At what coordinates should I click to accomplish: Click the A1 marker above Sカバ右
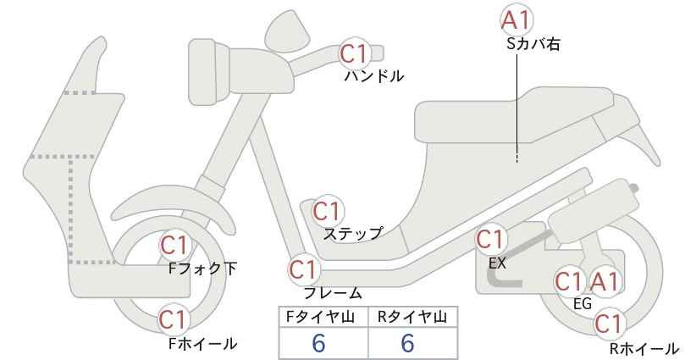pyautogui.click(x=516, y=20)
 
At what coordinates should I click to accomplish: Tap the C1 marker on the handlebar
pyautogui.click(x=355, y=53)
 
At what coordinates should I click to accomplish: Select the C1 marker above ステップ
pyautogui.click(x=327, y=211)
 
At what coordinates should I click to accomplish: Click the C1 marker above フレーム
pyautogui.click(x=304, y=269)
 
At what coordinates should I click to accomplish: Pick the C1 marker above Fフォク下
pyautogui.click(x=175, y=246)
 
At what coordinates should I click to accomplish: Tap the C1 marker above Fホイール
pyautogui.click(x=174, y=319)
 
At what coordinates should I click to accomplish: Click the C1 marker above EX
pyautogui.click(x=490, y=240)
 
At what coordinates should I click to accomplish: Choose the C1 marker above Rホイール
pyautogui.click(x=609, y=324)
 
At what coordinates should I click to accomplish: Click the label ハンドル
pyautogui.click(x=374, y=76)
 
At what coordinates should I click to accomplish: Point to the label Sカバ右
pyautogui.click(x=533, y=44)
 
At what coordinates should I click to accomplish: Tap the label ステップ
pyautogui.click(x=352, y=234)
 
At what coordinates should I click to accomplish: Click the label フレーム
pyautogui.click(x=333, y=293)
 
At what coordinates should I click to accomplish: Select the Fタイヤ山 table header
pyautogui.click(x=320, y=317)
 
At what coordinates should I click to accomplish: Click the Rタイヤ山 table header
pyautogui.click(x=412, y=317)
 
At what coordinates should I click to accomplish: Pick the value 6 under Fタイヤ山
pyautogui.click(x=318, y=343)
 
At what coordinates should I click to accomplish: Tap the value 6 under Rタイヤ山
pyautogui.click(x=407, y=343)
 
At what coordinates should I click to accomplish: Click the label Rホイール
pyautogui.click(x=644, y=349)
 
